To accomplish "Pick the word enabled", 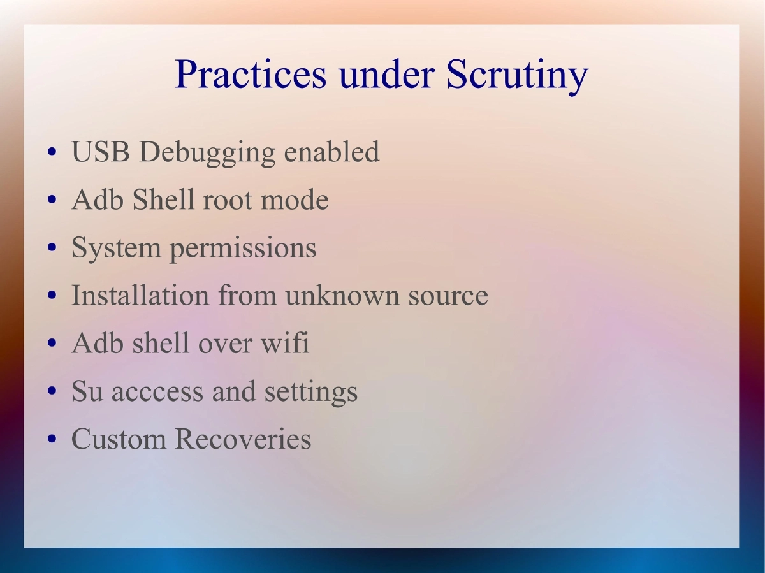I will click(x=331, y=152).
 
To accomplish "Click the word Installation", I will click(x=140, y=296).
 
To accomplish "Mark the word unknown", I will click(x=333, y=296).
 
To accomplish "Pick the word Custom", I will click(x=119, y=439).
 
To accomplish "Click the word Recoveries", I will click(x=243, y=439).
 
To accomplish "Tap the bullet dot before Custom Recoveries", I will click(x=53, y=440).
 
